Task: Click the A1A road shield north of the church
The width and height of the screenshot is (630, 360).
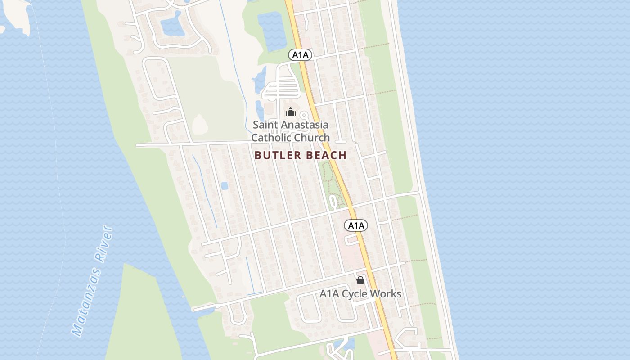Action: pyautogui.click(x=300, y=55)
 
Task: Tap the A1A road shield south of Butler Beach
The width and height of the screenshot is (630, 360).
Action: pyautogui.click(x=356, y=225)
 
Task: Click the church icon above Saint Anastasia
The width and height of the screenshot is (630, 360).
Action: pyautogui.click(x=291, y=112)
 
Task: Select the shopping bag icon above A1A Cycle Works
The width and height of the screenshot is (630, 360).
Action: pyautogui.click(x=360, y=280)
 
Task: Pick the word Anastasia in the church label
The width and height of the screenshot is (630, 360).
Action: pyautogui.click(x=305, y=125)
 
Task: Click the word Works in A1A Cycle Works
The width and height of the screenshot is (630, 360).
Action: pyautogui.click(x=386, y=294)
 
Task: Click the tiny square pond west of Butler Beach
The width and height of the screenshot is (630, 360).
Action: pyautogui.click(x=224, y=185)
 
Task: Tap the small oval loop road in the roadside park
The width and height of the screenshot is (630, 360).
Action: pyautogui.click(x=333, y=201)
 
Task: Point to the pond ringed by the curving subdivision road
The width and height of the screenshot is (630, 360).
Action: pyautogui.click(x=173, y=26)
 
